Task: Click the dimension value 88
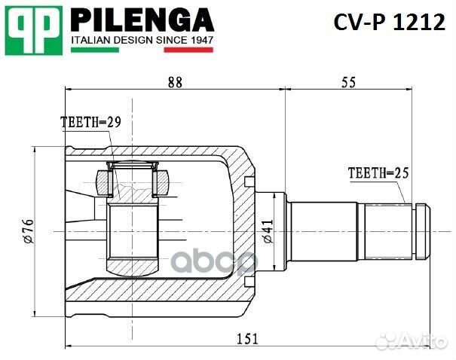[175, 84]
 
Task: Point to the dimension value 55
[347, 84]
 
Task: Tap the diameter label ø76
[29, 230]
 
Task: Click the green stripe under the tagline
[95, 50]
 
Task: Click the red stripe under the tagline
[189, 50]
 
